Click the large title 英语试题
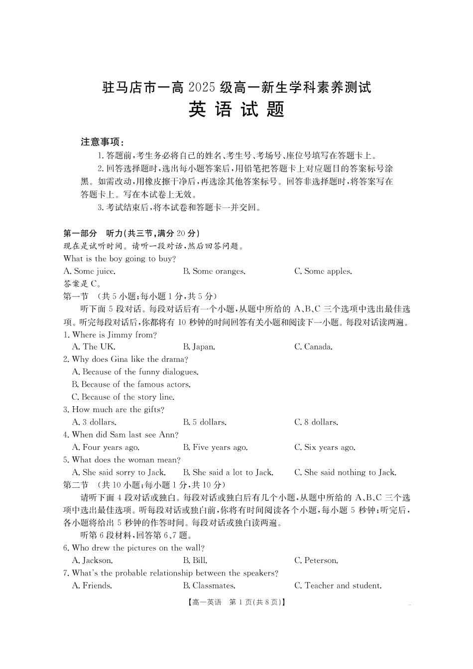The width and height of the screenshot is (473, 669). tap(236, 110)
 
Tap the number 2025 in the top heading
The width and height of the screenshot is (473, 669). tap(203, 88)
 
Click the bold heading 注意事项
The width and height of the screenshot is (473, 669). tap(102, 142)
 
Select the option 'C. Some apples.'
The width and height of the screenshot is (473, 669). tap(323, 271)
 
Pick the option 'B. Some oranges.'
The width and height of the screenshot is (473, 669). tap(214, 271)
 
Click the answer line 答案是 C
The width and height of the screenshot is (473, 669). tap(83, 284)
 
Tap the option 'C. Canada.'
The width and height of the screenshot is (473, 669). tap(313, 347)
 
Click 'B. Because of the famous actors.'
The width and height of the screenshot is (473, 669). tap(131, 384)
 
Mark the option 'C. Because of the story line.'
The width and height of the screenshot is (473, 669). tap(123, 397)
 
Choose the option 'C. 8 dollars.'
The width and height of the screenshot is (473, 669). tap(316, 422)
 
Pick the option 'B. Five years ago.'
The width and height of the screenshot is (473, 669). tap(215, 447)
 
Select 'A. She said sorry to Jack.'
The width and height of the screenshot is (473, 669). tap(118, 472)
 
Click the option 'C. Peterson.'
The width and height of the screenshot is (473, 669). tap(316, 560)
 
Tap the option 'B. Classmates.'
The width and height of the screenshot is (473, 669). tap(209, 586)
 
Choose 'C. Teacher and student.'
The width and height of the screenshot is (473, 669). tap(338, 586)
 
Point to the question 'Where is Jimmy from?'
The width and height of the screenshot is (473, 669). tap(114, 334)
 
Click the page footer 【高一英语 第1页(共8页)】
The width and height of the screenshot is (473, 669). tap(236, 602)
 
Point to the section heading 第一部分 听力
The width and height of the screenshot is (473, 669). tap(131, 233)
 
